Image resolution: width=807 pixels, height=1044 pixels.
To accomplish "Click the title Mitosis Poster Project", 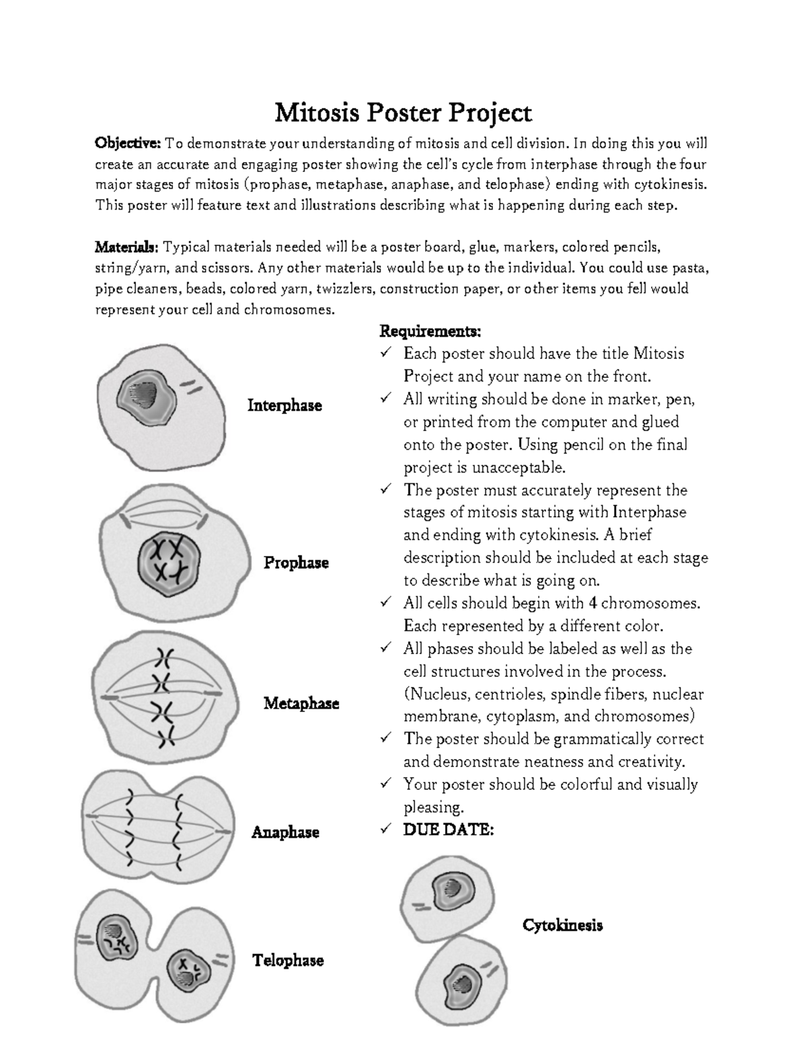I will [403, 112].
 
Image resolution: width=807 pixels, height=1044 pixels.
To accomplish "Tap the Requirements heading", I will [430, 331].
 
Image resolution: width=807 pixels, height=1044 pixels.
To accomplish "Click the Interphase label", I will [284, 405].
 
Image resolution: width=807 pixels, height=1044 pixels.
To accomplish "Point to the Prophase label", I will [296, 563].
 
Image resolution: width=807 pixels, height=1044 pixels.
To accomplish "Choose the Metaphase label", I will [301, 704].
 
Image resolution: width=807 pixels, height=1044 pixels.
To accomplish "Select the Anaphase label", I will [285, 832].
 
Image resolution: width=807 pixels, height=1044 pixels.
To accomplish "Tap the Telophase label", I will [288, 961].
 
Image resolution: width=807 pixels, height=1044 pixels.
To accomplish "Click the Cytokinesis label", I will [562, 925].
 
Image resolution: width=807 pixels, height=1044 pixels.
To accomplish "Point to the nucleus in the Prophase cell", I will [169, 561].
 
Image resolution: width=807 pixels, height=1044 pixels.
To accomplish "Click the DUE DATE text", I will [449, 830].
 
